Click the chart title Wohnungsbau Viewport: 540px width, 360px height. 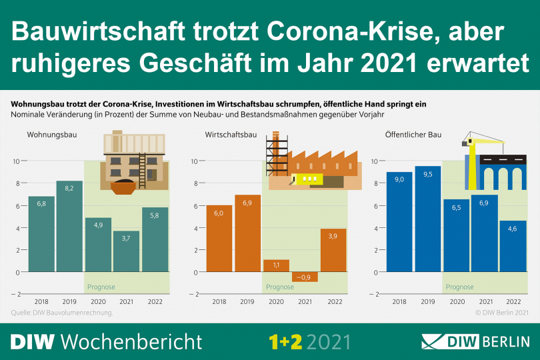click(x=52, y=135)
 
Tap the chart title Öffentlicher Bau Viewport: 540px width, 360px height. click(x=413, y=135)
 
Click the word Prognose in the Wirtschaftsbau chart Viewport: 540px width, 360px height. click(x=279, y=287)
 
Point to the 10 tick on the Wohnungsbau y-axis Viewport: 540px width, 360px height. click(x=16, y=161)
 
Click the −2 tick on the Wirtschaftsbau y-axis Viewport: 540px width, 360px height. click(x=193, y=294)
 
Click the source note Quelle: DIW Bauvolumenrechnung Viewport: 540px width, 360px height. click(x=62, y=312)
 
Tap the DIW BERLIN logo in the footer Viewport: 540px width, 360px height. click(x=475, y=342)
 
